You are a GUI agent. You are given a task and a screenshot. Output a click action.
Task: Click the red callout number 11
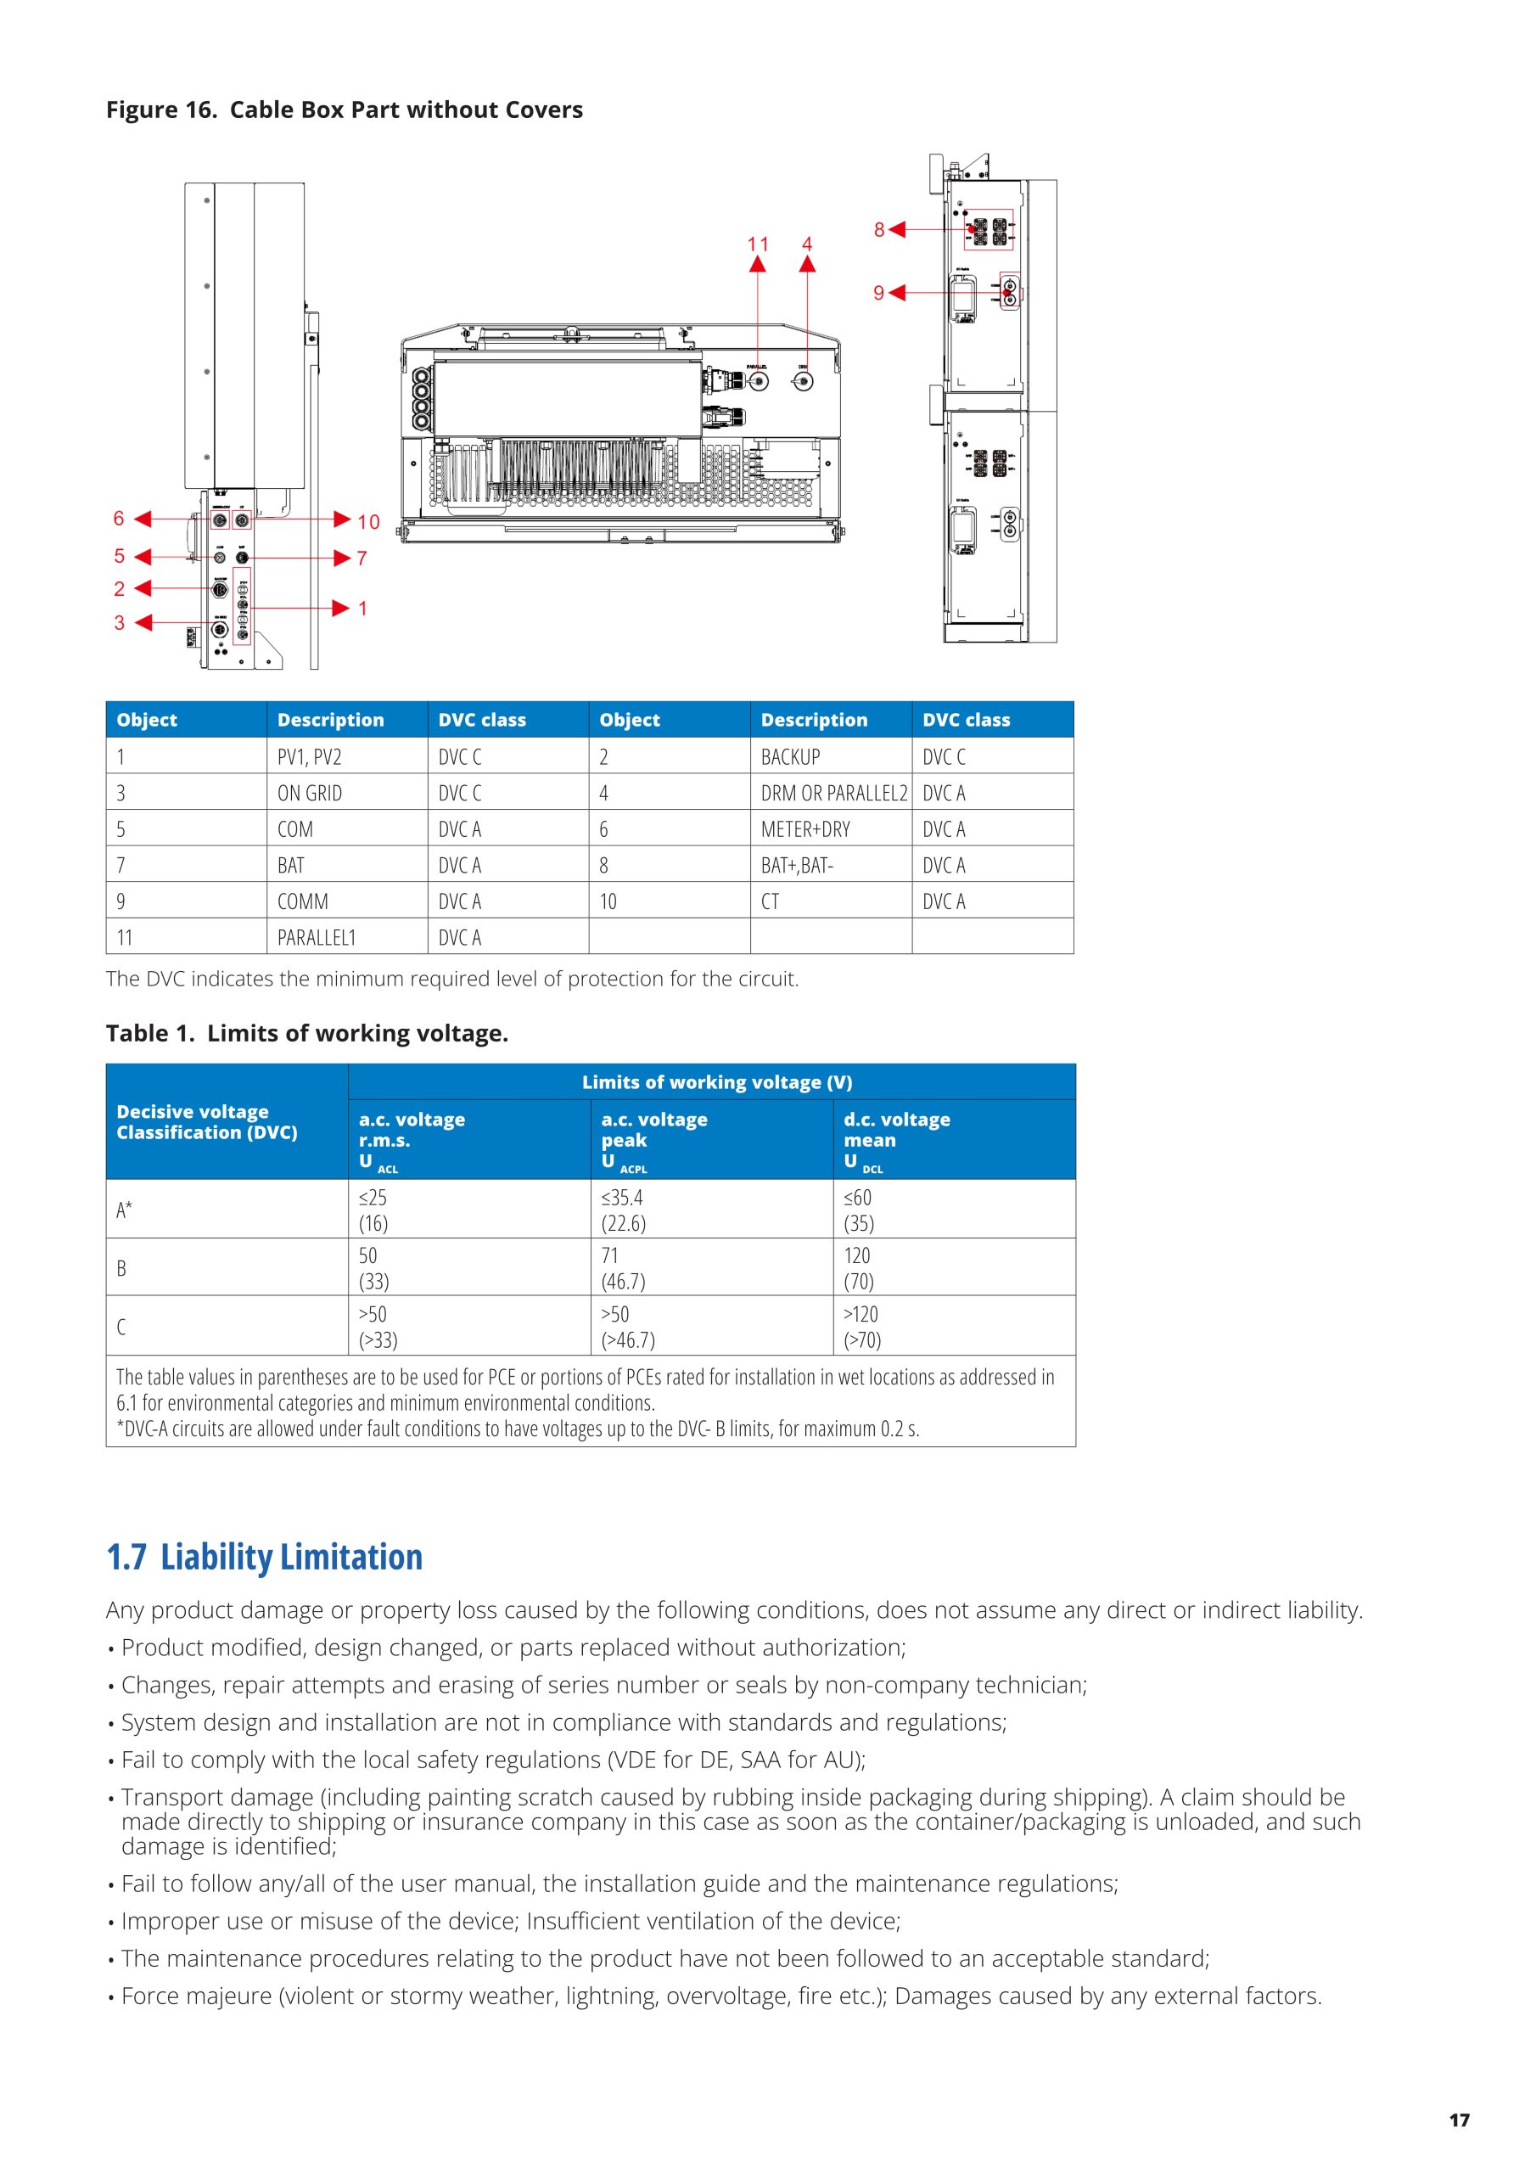[x=757, y=244]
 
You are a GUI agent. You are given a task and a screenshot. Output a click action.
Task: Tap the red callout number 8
[x=878, y=229]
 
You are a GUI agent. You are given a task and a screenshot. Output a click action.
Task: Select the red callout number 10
[x=368, y=521]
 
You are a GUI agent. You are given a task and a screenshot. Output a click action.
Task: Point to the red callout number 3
[x=120, y=623]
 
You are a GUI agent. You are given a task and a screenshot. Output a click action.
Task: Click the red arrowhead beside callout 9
[x=896, y=294]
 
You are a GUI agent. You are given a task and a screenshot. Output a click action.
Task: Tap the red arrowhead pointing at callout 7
[x=343, y=559]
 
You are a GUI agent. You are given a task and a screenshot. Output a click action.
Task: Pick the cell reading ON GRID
[x=310, y=793]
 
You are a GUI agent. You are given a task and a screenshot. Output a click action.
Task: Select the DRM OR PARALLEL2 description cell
[x=832, y=793]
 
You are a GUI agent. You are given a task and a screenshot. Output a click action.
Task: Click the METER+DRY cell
[x=804, y=829]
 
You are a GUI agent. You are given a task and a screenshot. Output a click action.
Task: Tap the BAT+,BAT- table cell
[x=797, y=865]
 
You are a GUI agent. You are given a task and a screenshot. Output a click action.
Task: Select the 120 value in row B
[x=856, y=1256]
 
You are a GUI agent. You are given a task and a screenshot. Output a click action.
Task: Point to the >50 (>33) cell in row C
[x=378, y=1326]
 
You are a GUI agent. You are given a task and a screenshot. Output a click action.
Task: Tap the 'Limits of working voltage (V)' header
[x=716, y=1081]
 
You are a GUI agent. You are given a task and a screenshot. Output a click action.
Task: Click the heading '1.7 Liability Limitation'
[x=264, y=1557]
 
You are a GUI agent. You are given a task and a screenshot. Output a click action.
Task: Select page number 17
[x=1459, y=2120]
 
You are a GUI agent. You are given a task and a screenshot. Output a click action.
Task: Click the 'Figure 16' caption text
[x=344, y=109]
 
